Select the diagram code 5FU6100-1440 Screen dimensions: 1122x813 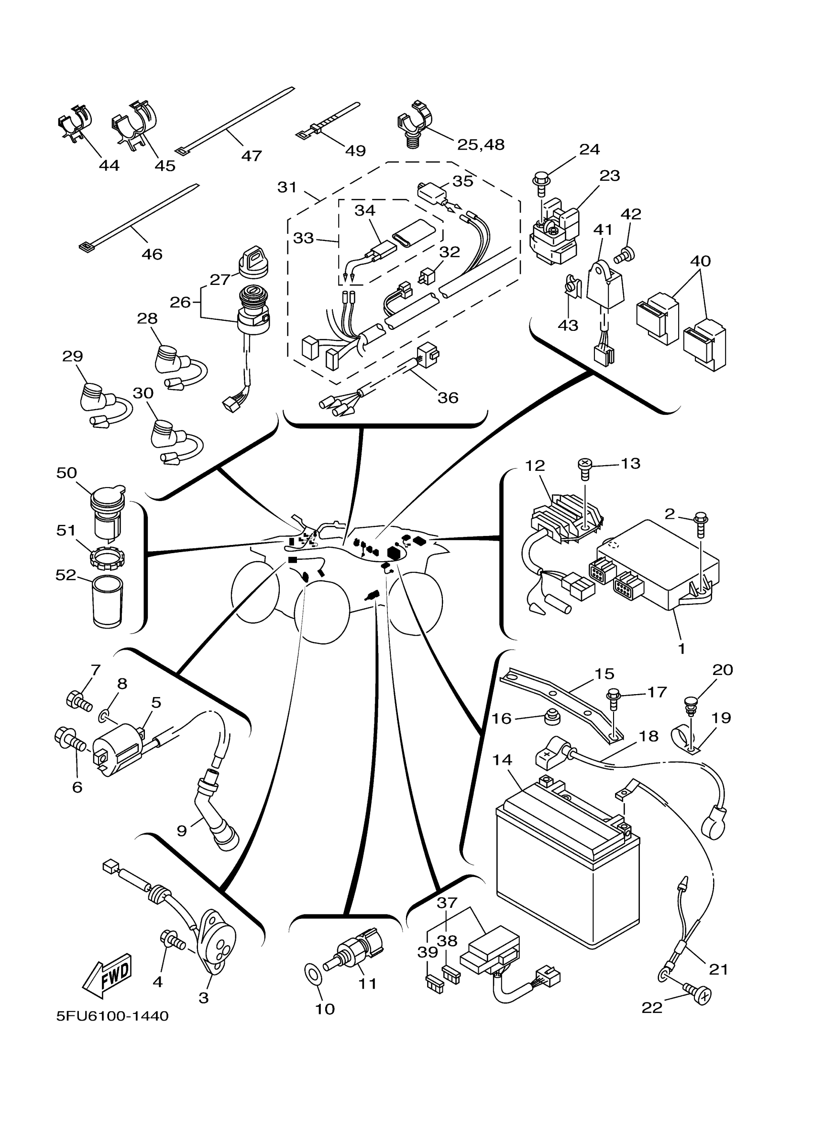coord(112,1016)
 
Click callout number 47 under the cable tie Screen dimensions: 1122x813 coord(252,156)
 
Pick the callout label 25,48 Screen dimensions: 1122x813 coord(481,144)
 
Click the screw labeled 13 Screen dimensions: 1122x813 coord(585,468)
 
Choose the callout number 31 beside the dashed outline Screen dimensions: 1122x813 coord(287,187)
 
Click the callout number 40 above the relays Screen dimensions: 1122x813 coord(700,261)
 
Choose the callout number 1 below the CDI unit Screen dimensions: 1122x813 coord(682,649)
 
